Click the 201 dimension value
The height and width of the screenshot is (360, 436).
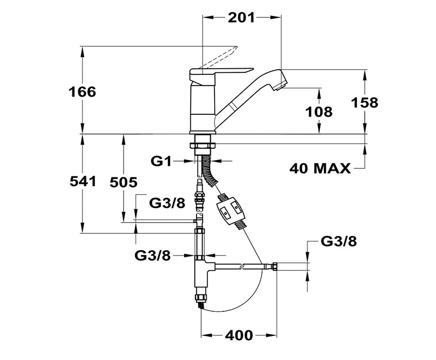pos(241,18)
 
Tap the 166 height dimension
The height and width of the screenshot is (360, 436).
pos(82,92)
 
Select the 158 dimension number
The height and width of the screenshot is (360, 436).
pos(365,102)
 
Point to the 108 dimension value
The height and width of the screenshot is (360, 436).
pos(319,112)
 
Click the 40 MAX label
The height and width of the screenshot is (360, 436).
pos(320,169)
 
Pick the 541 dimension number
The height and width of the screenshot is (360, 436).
pos(83,182)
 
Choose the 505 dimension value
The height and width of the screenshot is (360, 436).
pos(124,183)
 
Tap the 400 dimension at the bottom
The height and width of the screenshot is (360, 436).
pos(239,335)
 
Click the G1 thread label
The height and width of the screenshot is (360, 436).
pos(161,161)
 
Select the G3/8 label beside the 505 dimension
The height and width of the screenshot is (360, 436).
pos(167,204)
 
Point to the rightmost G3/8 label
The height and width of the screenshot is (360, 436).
pos(339,242)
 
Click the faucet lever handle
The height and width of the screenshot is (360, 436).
pos(222,73)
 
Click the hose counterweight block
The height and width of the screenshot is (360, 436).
pos(231,210)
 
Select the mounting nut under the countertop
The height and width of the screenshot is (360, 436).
pos(202,146)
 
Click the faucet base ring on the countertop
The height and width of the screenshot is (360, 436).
pos(203,132)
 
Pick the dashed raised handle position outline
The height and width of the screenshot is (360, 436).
pos(220,57)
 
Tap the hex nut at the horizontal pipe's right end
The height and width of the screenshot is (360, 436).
pos(274,266)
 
